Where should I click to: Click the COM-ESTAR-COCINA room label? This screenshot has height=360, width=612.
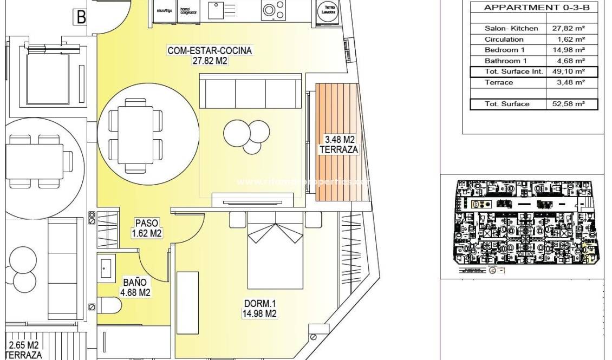point(210,51)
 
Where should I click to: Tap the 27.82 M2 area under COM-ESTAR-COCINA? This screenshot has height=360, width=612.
point(210,61)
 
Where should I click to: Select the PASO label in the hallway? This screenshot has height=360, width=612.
point(147,223)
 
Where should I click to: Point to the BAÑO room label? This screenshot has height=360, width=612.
point(135,282)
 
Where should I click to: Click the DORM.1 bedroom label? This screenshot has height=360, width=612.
point(259,303)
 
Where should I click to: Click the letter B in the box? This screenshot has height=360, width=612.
point(81,17)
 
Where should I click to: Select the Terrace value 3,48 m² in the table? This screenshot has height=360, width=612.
point(571,82)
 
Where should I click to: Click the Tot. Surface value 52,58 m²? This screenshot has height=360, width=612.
point(569,103)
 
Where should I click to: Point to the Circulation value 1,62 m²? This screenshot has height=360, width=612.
point(571,39)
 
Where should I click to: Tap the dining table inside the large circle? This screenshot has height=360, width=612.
point(135,133)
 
